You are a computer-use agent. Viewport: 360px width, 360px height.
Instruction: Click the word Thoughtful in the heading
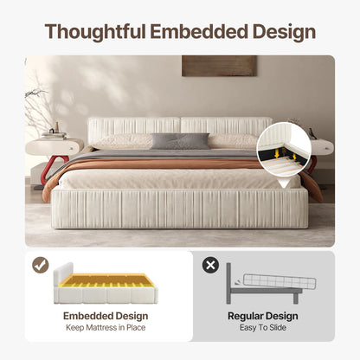[x=96, y=32]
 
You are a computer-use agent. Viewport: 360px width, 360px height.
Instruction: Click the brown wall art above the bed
[x=219, y=66]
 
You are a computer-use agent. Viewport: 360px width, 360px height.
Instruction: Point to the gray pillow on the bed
[x=180, y=140]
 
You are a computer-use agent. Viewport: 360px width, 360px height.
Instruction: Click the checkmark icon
[x=41, y=266]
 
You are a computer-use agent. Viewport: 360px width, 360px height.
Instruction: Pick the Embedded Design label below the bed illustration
[x=103, y=317]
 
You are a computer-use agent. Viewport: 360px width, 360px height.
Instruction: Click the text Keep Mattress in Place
[x=103, y=328]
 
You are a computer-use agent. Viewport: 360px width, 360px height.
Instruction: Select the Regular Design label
[x=262, y=317]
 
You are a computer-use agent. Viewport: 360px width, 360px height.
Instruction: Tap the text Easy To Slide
[x=262, y=328]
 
